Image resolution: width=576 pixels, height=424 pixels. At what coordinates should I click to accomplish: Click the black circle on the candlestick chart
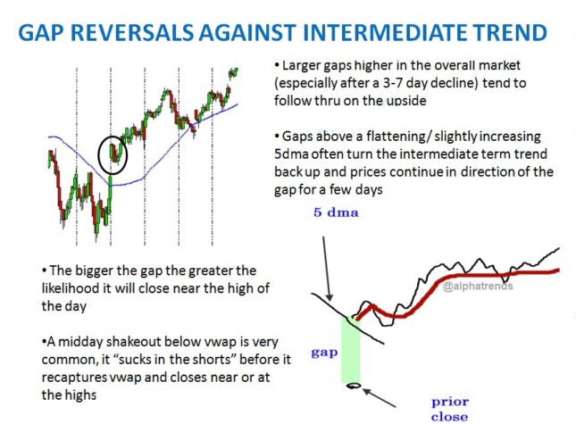[113, 155]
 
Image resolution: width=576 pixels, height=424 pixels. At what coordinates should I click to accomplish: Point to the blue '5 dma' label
[336, 212]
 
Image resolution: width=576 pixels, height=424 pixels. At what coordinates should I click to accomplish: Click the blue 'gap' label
[324, 353]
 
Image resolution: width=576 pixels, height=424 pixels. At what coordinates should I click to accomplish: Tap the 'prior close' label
[450, 409]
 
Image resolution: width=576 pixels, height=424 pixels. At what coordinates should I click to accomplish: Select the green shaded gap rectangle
[351, 350]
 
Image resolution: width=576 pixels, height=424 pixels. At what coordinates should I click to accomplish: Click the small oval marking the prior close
[353, 386]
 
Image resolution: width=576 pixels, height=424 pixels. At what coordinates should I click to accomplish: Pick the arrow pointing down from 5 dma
[327, 269]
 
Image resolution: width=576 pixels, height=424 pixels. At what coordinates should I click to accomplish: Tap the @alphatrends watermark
[478, 286]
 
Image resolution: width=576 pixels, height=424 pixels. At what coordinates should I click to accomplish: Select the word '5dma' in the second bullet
[292, 154]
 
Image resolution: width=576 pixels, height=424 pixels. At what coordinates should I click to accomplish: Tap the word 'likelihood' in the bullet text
[71, 288]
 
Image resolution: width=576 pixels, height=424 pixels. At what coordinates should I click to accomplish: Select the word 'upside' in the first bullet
[407, 101]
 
